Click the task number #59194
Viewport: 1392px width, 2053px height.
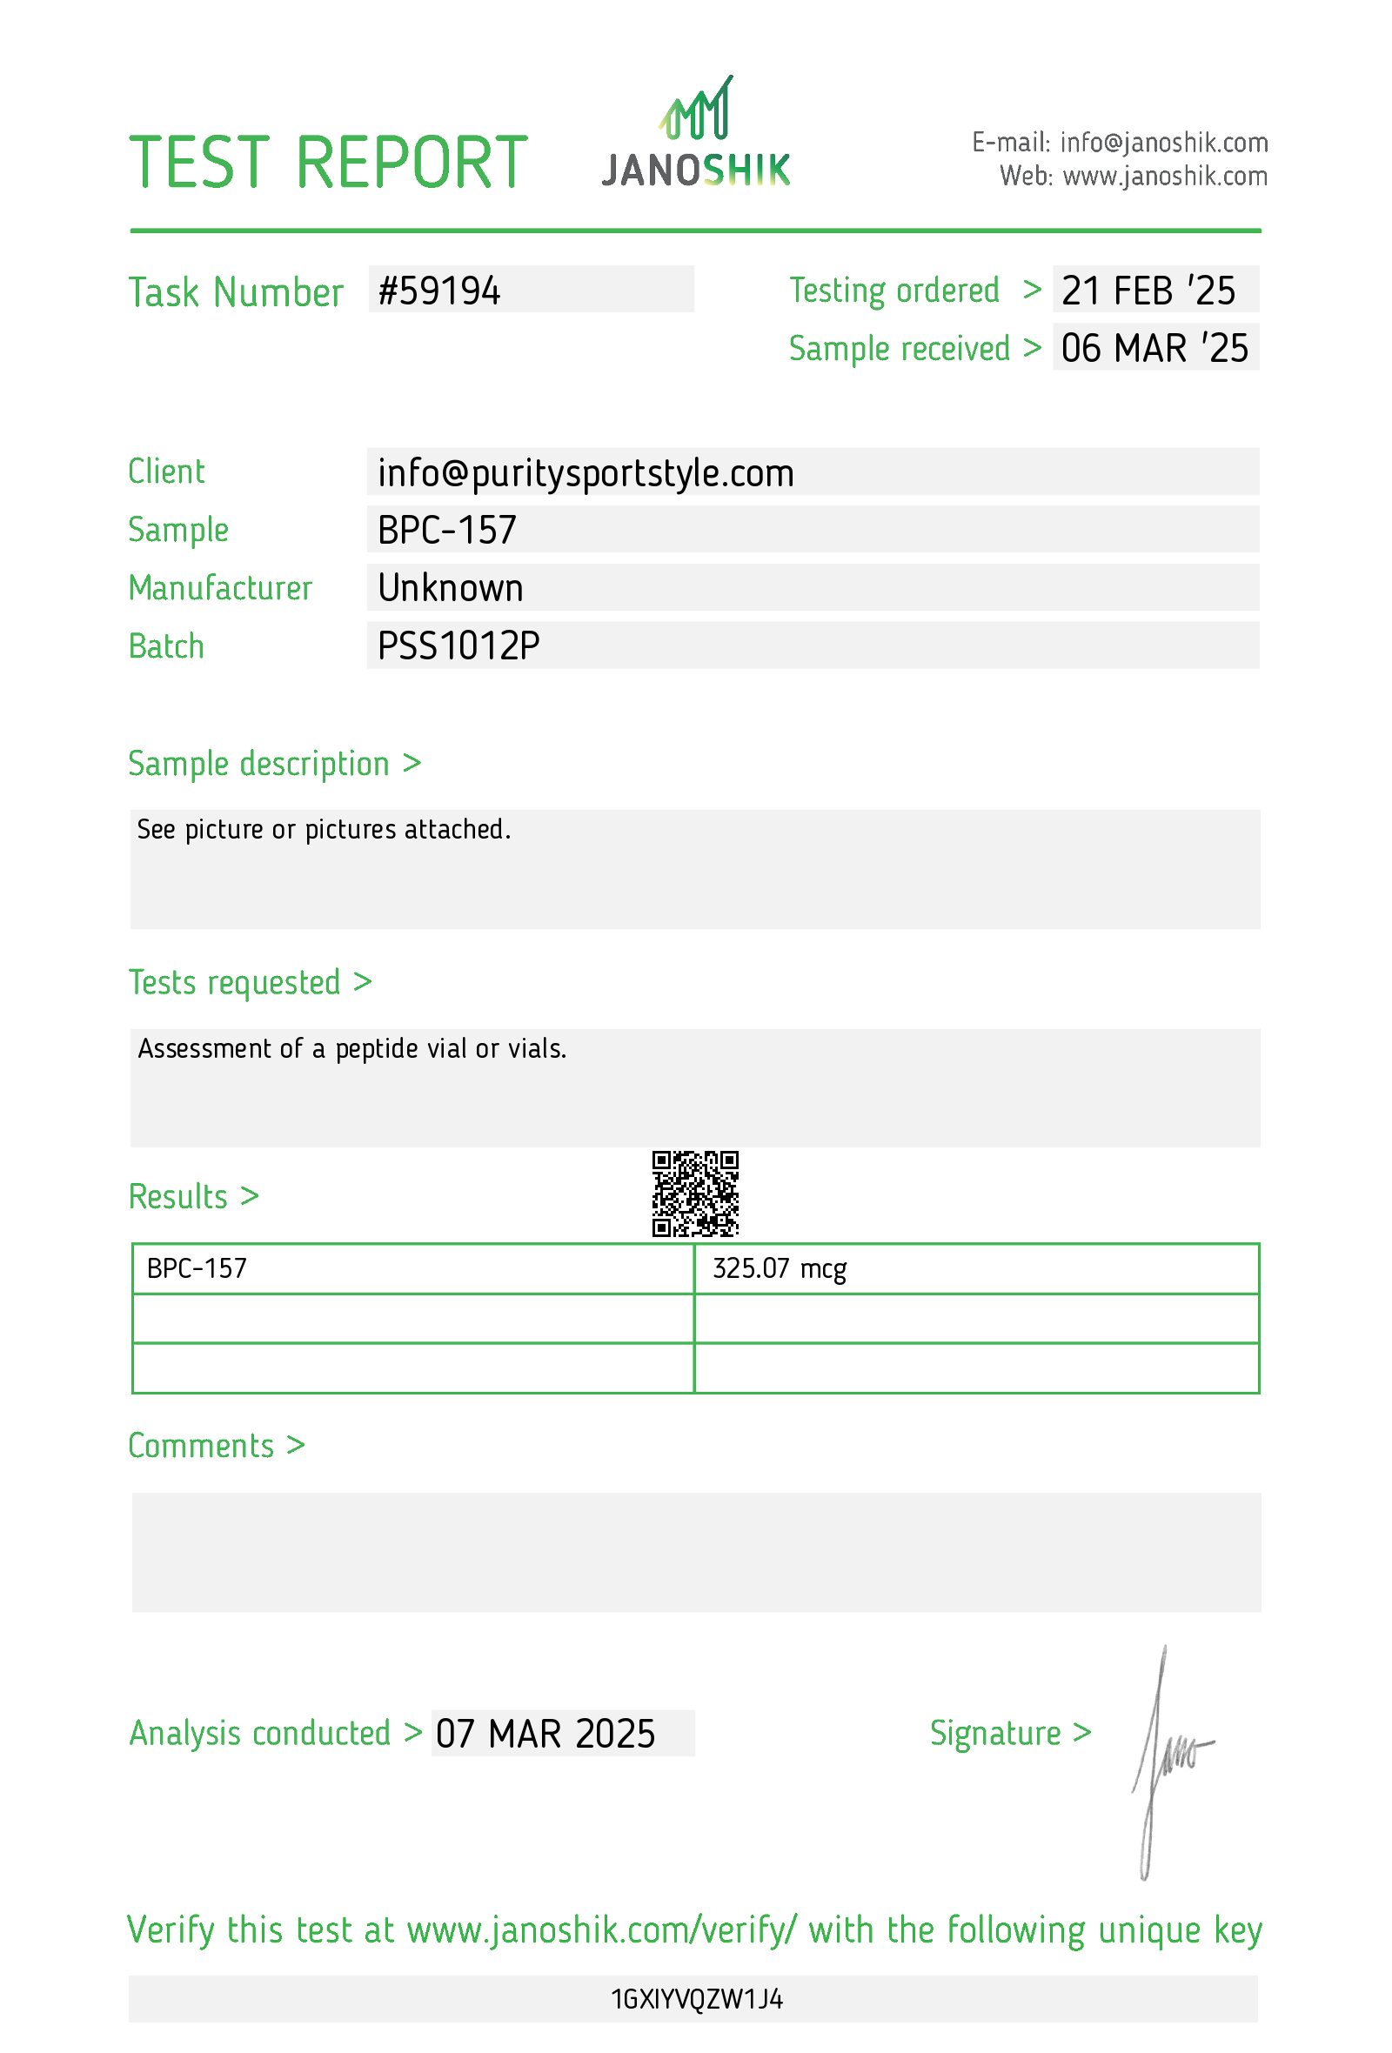point(439,291)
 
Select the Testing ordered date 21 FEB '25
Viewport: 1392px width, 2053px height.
point(1148,291)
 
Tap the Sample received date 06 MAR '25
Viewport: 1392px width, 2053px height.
point(1154,348)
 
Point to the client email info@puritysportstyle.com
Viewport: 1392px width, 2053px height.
point(585,472)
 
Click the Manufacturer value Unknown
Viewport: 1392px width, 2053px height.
point(451,588)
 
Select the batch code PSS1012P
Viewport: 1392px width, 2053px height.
point(458,645)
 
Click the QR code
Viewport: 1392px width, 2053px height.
point(695,1194)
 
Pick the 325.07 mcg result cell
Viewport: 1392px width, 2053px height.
point(779,1268)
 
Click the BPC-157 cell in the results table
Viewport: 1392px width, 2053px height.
point(197,1268)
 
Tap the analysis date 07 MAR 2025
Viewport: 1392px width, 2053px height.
point(545,1734)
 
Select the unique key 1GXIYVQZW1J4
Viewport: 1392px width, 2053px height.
point(696,1999)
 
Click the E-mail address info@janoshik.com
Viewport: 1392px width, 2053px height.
point(1163,142)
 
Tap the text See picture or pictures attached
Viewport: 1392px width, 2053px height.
point(324,830)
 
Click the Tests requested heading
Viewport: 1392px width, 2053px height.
point(250,982)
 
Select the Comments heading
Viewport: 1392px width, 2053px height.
point(217,1446)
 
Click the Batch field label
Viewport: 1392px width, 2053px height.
point(166,646)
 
